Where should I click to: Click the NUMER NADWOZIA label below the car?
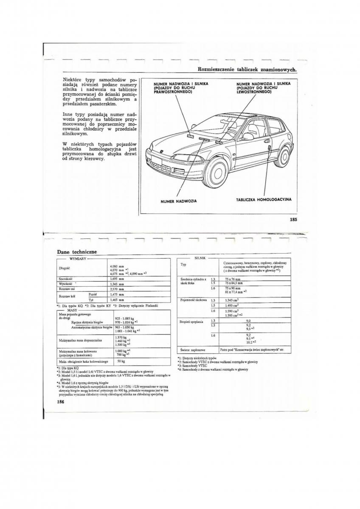pos(178,201)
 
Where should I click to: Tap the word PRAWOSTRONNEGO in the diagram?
pos(173,92)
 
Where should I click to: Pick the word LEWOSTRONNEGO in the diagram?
pos(254,92)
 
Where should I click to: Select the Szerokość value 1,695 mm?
pos(117,279)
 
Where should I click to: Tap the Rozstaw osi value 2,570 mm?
pos(117,288)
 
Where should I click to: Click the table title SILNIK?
pos(200,257)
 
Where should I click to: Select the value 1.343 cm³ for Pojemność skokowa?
pos(231,300)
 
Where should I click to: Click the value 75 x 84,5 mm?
pos(233,282)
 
